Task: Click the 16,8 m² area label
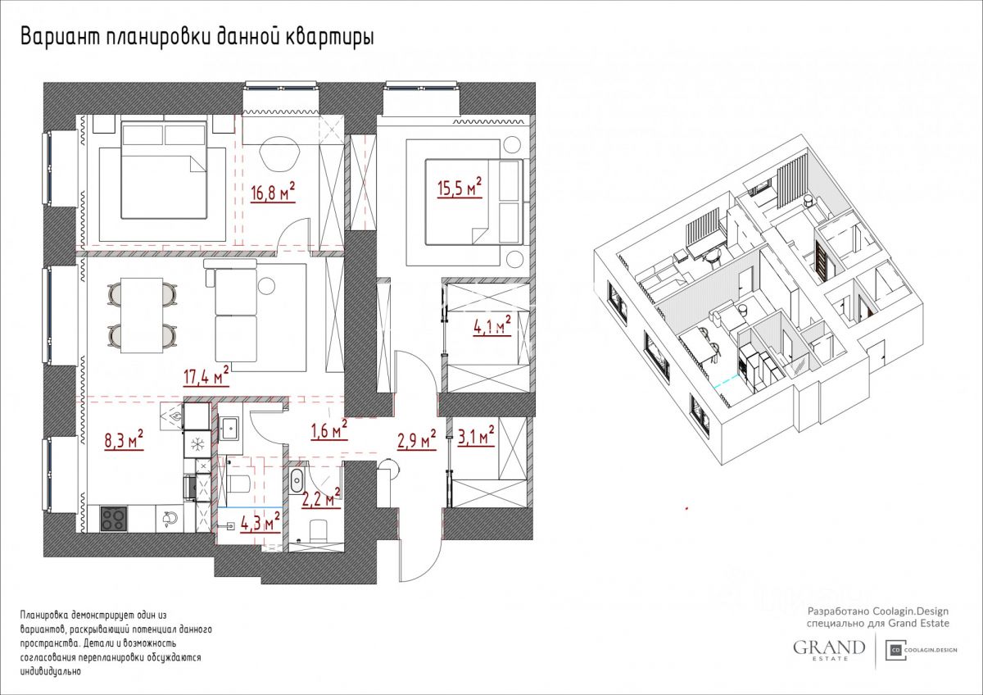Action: coord(273,192)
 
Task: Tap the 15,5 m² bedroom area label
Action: coord(460,188)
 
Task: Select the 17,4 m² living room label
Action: coord(206,376)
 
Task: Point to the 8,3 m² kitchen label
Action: coord(125,440)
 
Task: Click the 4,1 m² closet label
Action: coord(492,325)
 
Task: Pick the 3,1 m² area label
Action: coord(476,437)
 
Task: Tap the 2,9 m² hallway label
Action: coord(417,440)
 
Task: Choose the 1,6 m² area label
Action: coord(329,429)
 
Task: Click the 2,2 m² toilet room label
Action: coord(321,498)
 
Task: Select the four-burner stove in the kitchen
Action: coord(114,519)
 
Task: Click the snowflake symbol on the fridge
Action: coord(197,445)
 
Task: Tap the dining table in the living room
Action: coord(142,316)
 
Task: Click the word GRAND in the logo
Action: coord(829,647)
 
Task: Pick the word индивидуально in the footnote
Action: coord(51,671)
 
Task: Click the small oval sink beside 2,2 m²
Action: coord(297,480)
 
